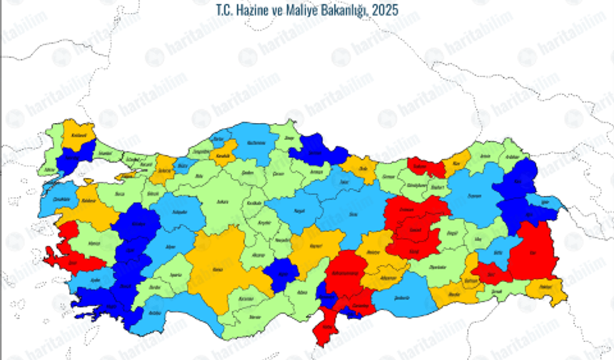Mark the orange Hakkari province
547,289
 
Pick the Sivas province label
351,211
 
